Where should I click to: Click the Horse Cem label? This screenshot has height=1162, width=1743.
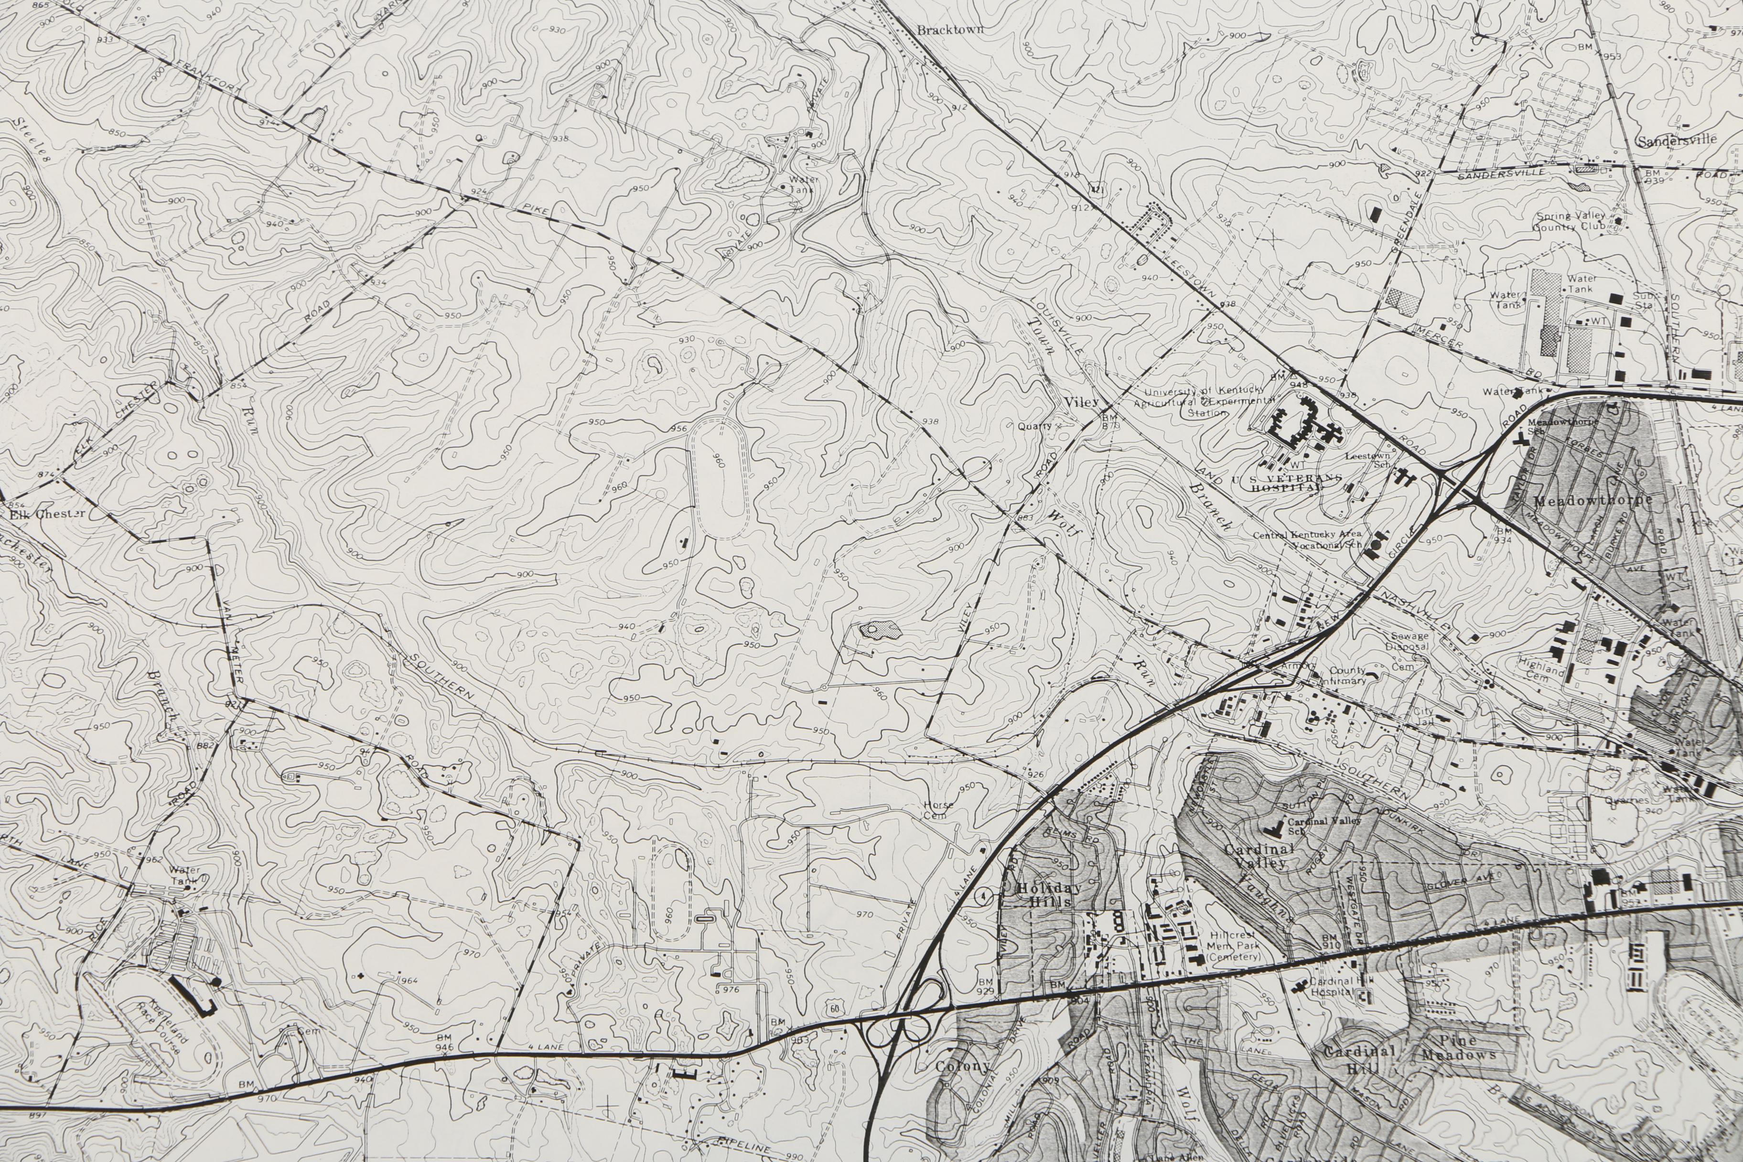(x=938, y=810)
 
